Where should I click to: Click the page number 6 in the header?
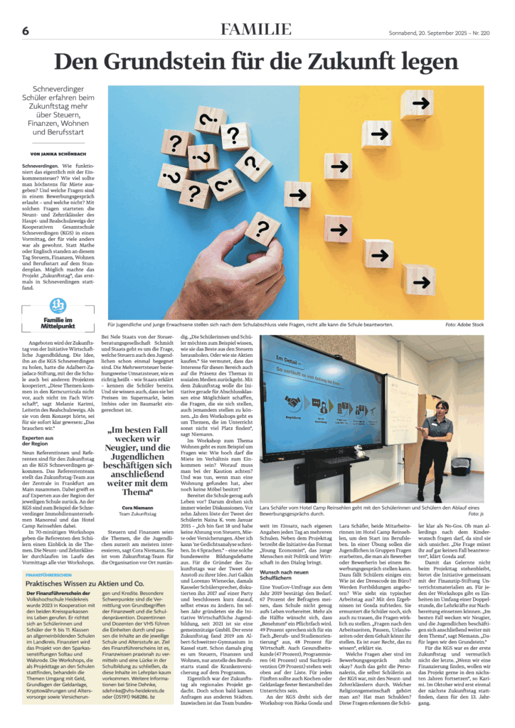(x=26, y=31)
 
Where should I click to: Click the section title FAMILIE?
(x=256, y=30)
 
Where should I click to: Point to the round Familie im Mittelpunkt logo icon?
(x=58, y=305)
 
